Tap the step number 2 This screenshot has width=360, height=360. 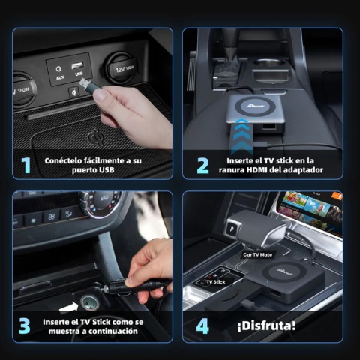[x=202, y=165]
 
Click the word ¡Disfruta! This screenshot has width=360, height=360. [x=266, y=326]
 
